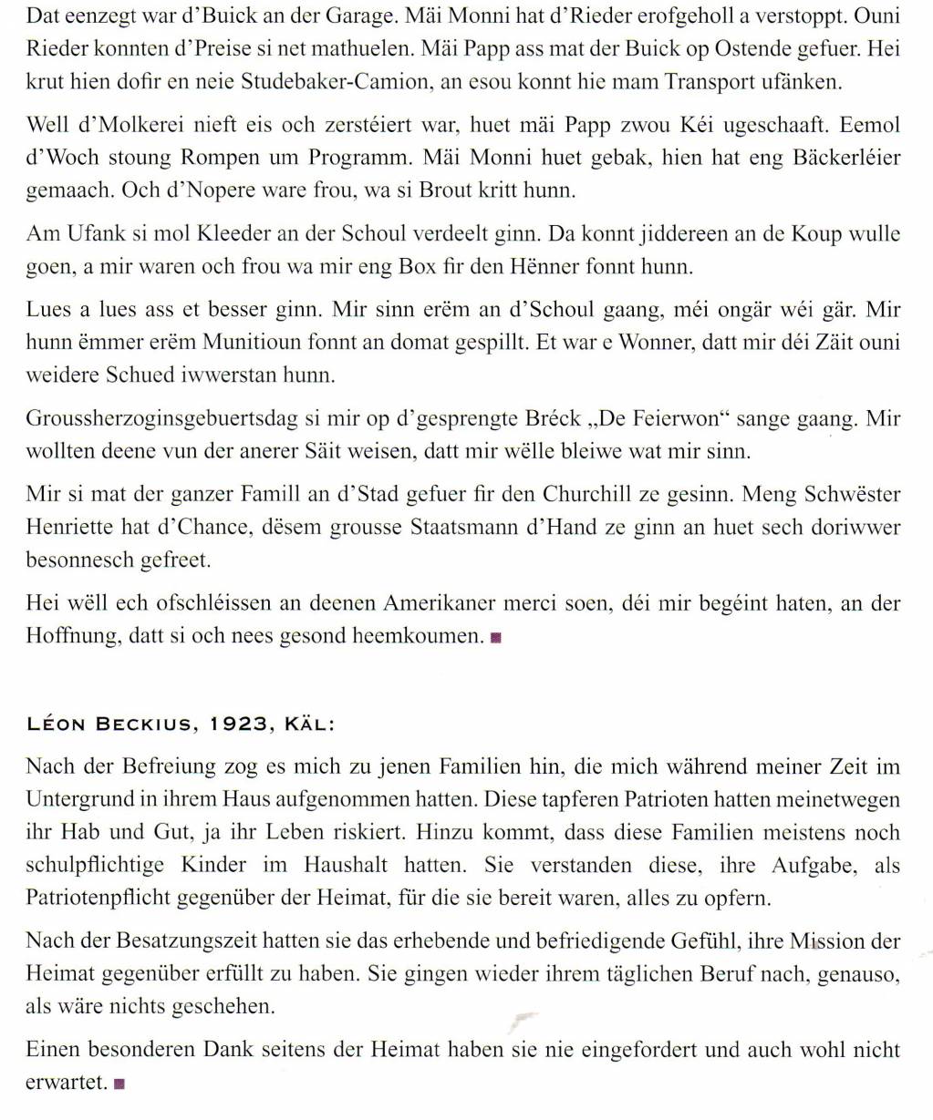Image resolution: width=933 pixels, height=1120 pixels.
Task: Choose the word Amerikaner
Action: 446,603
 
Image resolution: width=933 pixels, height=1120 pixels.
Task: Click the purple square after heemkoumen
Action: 495,637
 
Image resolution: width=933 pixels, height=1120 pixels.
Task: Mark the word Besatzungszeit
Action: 182,941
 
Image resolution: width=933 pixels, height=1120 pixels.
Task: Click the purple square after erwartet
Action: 119,1084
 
